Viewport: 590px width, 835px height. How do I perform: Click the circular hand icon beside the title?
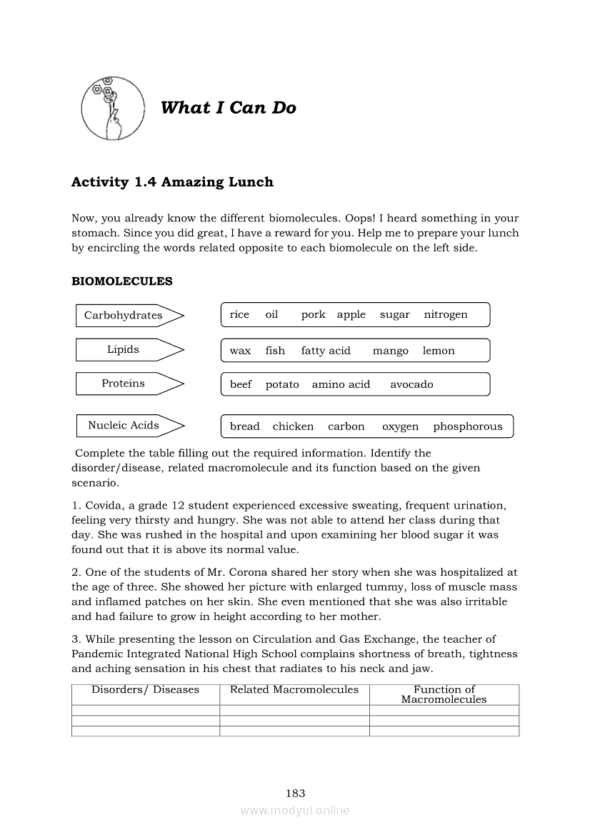[108, 108]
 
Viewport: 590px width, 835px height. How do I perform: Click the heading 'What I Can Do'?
[229, 108]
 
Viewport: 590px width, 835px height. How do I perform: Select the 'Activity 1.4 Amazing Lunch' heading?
[172, 182]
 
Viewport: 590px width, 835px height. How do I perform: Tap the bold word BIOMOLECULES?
[122, 281]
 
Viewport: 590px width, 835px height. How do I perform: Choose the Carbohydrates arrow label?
[124, 315]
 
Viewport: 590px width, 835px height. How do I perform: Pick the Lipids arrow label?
[124, 349]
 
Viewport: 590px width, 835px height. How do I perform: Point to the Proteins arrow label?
[124, 384]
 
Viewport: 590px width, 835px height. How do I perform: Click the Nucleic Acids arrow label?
[124, 426]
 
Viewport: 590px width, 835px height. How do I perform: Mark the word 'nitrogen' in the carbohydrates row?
[446, 314]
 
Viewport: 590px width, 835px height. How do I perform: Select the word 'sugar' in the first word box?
[395, 314]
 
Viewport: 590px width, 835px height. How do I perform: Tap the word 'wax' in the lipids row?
[240, 351]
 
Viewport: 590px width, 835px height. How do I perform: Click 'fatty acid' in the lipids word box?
[326, 351]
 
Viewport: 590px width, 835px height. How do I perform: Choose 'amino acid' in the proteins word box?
[341, 384]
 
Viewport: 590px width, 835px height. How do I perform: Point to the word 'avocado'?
[411, 384]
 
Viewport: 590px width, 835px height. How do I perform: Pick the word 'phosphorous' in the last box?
[468, 426]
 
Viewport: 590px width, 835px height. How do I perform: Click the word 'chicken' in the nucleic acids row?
[293, 426]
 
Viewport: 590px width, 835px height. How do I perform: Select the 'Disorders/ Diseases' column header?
[145, 690]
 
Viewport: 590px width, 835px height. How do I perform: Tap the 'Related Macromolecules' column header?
[294, 690]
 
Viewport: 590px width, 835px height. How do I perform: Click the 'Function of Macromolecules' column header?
[444, 694]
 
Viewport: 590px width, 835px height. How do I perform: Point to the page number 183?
[295, 793]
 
